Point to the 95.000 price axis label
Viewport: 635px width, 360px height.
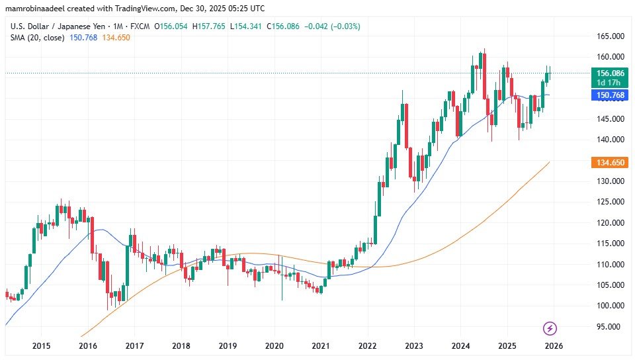[x=608, y=326]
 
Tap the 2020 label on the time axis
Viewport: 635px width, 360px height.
[x=274, y=345]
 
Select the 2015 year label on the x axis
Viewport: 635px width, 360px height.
[x=41, y=345]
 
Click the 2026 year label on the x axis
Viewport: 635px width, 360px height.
[x=553, y=345]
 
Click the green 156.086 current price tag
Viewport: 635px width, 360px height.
[x=609, y=74]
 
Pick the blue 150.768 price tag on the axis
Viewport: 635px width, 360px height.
[x=609, y=95]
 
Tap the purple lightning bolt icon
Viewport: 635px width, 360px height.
[x=550, y=328]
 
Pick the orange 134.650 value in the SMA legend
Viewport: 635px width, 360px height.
[x=115, y=38]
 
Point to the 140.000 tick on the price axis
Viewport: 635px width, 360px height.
[x=607, y=140]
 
